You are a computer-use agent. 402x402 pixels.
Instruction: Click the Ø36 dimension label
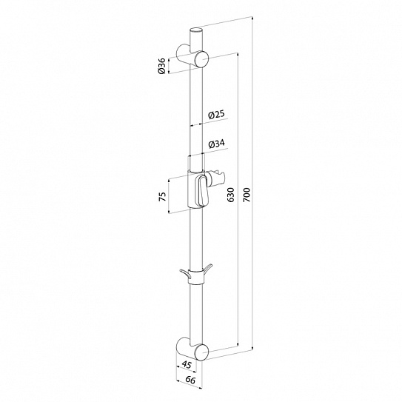[162, 66]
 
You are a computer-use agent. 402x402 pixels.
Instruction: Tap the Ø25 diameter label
[216, 115]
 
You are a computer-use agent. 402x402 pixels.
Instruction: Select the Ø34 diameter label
[217, 144]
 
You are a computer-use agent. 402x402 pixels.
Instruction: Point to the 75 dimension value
[163, 197]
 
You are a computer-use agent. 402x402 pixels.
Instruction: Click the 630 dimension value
[231, 195]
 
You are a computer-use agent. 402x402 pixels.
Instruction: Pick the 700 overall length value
[246, 195]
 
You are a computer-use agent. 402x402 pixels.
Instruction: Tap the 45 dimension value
[187, 364]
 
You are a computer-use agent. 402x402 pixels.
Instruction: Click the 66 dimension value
[190, 380]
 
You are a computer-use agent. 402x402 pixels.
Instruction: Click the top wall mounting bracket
[192, 56]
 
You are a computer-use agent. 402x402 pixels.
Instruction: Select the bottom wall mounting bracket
[192, 349]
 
